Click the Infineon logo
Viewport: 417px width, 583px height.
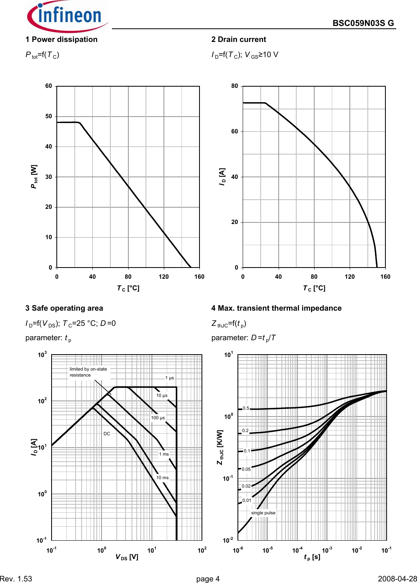pyautogui.click(x=67, y=16)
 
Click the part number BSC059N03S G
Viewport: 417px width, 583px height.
pyautogui.click(x=363, y=23)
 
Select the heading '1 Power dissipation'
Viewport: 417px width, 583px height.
pyautogui.click(x=62, y=40)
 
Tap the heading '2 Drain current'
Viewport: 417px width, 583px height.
pyautogui.click(x=239, y=40)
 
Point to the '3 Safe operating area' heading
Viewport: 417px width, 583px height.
pyautogui.click(x=64, y=308)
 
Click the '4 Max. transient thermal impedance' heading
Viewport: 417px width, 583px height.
pyautogui.click(x=276, y=308)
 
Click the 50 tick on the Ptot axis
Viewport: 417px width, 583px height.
pyautogui.click(x=49, y=116)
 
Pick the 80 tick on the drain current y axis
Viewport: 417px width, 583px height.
pyautogui.click(x=235, y=86)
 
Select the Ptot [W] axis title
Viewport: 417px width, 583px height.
pyautogui.click(x=34, y=176)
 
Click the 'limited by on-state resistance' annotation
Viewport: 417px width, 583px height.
pyautogui.click(x=88, y=372)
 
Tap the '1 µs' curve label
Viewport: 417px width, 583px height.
pyautogui.click(x=170, y=378)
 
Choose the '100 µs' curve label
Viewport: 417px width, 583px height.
pyautogui.click(x=158, y=418)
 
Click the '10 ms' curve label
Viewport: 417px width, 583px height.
pyautogui.click(x=162, y=478)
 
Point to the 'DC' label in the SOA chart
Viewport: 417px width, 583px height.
pyautogui.click(x=107, y=434)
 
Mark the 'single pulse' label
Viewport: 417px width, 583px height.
pyautogui.click(x=263, y=513)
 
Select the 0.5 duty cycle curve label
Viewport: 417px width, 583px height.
pyautogui.click(x=246, y=408)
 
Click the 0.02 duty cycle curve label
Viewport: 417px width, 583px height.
pyautogui.click(x=246, y=486)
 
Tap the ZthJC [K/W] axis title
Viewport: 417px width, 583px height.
pyautogui.click(x=220, y=447)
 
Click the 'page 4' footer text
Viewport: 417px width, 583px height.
pyautogui.click(x=208, y=579)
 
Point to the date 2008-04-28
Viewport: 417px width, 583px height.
pyautogui.click(x=397, y=579)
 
